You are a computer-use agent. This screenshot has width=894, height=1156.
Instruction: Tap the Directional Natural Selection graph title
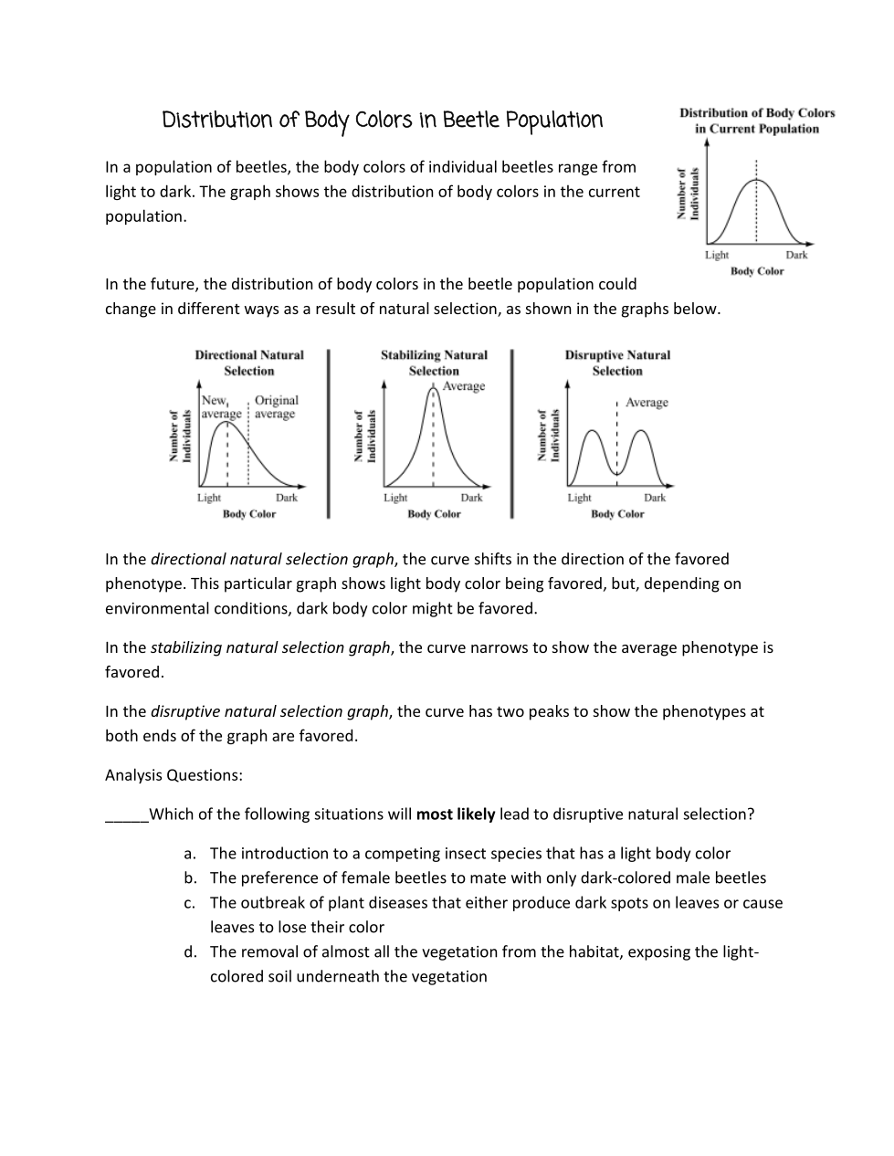click(x=249, y=363)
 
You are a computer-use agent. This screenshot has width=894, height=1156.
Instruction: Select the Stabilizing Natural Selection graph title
click(x=434, y=363)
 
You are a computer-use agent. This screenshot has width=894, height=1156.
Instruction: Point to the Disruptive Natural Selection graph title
click(x=617, y=363)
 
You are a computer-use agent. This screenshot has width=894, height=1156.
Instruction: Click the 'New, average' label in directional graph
click(x=220, y=407)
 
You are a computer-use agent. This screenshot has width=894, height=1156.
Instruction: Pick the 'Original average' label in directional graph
click(x=276, y=407)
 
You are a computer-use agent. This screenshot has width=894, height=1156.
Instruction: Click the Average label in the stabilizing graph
click(x=464, y=386)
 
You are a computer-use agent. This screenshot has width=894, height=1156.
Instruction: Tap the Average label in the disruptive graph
click(x=647, y=403)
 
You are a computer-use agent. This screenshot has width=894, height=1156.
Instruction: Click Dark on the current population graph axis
click(x=796, y=255)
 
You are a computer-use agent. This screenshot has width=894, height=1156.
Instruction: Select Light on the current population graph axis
click(x=717, y=255)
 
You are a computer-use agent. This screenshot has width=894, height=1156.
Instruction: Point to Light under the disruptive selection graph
click(x=580, y=498)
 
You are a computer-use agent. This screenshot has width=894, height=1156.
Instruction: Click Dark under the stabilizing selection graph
click(x=471, y=498)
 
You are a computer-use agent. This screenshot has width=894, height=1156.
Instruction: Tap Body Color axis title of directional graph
click(x=249, y=514)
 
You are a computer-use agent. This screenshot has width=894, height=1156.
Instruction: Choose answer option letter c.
click(x=189, y=903)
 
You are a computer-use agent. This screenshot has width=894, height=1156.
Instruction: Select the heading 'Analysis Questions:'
click(x=174, y=775)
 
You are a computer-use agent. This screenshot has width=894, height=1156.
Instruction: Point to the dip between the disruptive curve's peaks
click(x=617, y=473)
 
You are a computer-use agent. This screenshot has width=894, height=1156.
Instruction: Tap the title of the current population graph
click(x=757, y=121)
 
